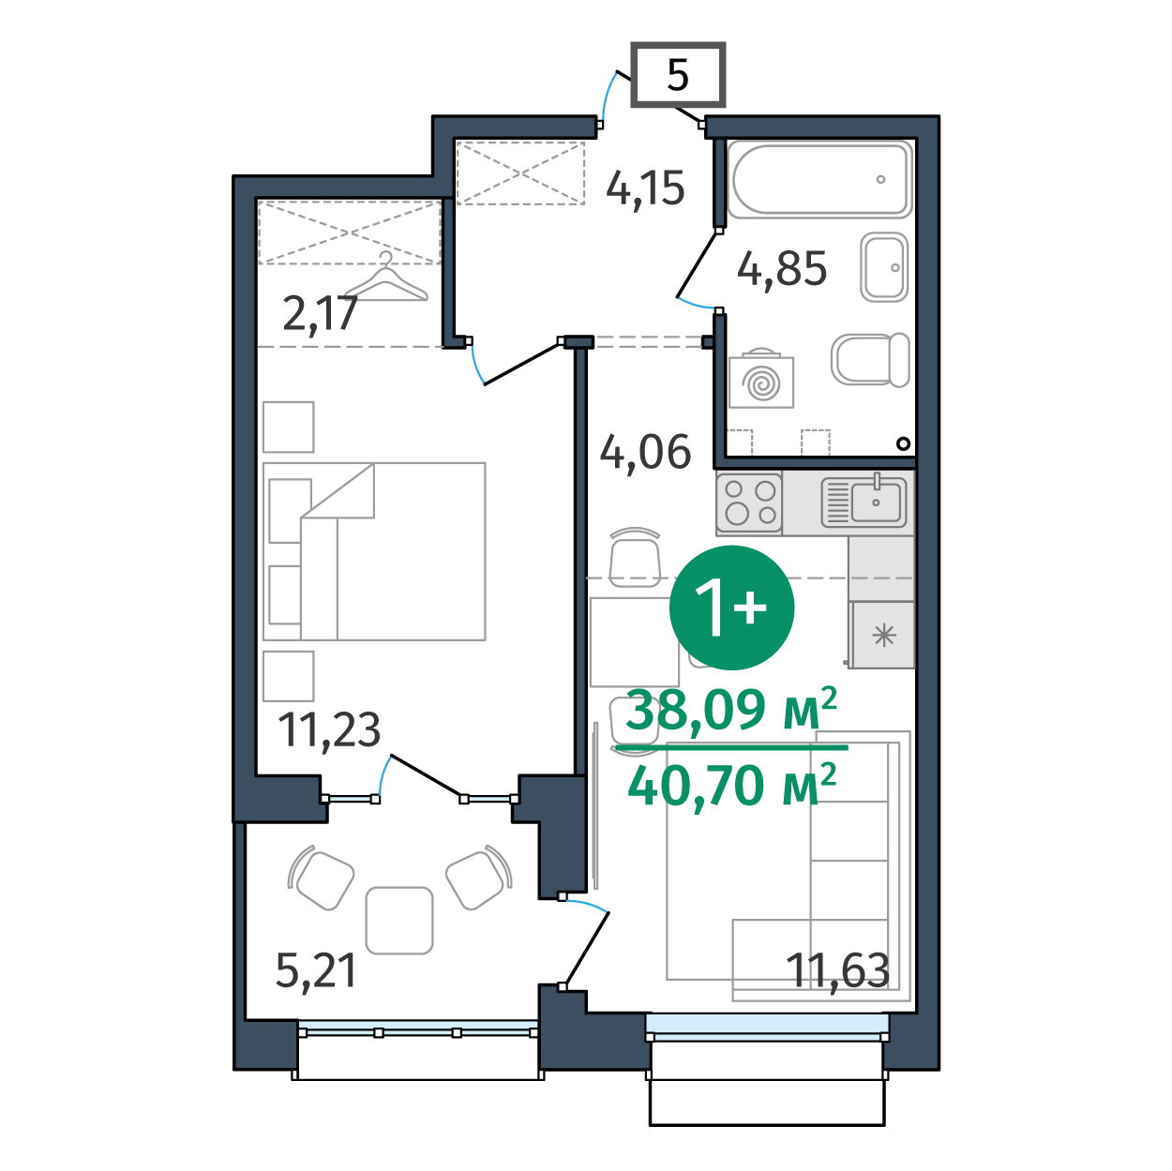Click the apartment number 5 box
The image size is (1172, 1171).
(x=678, y=75)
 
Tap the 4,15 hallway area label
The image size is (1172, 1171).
(x=645, y=188)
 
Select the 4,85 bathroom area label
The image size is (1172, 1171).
(x=782, y=269)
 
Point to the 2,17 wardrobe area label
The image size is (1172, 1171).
(x=320, y=314)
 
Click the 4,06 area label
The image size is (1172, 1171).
(x=645, y=452)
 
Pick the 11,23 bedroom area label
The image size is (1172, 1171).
(x=329, y=729)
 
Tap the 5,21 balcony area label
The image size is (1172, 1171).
(x=316, y=971)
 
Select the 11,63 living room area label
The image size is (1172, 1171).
(x=837, y=970)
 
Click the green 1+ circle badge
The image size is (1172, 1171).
(x=731, y=608)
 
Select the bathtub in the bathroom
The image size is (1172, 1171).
(x=819, y=179)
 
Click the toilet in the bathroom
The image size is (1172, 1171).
(x=870, y=359)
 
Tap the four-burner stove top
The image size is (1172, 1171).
(x=749, y=503)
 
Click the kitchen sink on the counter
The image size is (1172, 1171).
(x=864, y=502)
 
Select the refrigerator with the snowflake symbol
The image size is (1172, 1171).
(x=882, y=636)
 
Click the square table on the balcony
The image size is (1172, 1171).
(x=399, y=921)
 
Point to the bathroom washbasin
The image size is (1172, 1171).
(x=884, y=267)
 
